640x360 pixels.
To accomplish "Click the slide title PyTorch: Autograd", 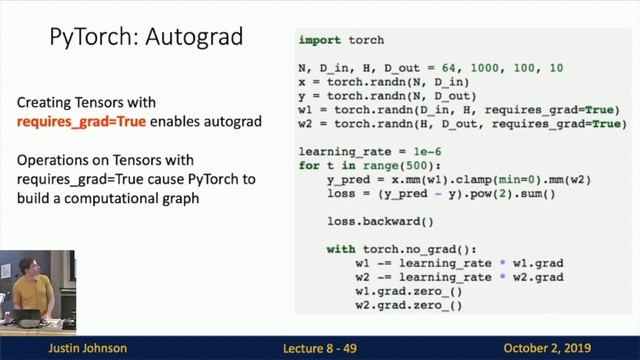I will [145, 38].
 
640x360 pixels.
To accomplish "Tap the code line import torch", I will [341, 40].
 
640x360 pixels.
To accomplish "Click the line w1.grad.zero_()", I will [408, 291].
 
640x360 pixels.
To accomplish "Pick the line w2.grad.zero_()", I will [408, 305].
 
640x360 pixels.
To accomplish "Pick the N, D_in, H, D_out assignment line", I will [430, 67].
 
